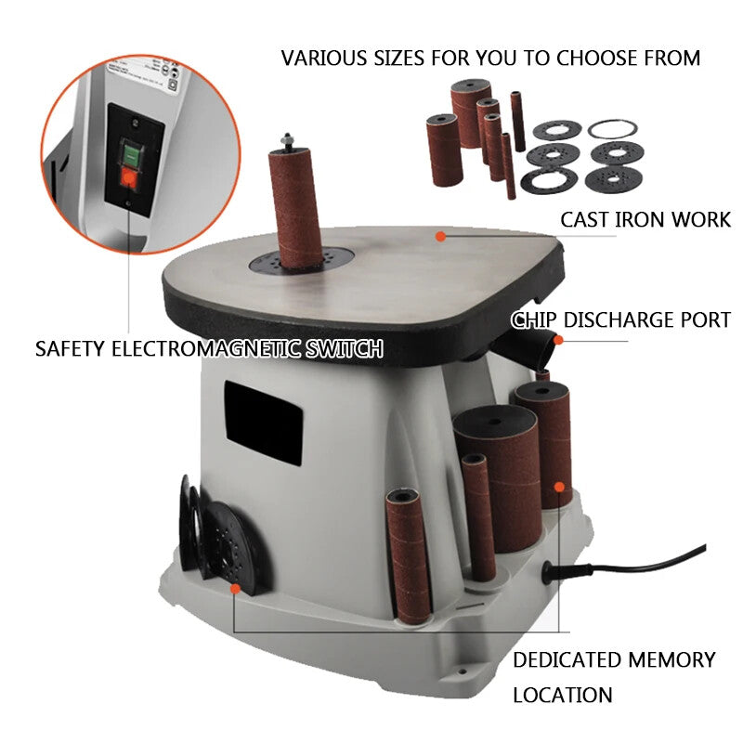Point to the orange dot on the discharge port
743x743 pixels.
click(x=559, y=339)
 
